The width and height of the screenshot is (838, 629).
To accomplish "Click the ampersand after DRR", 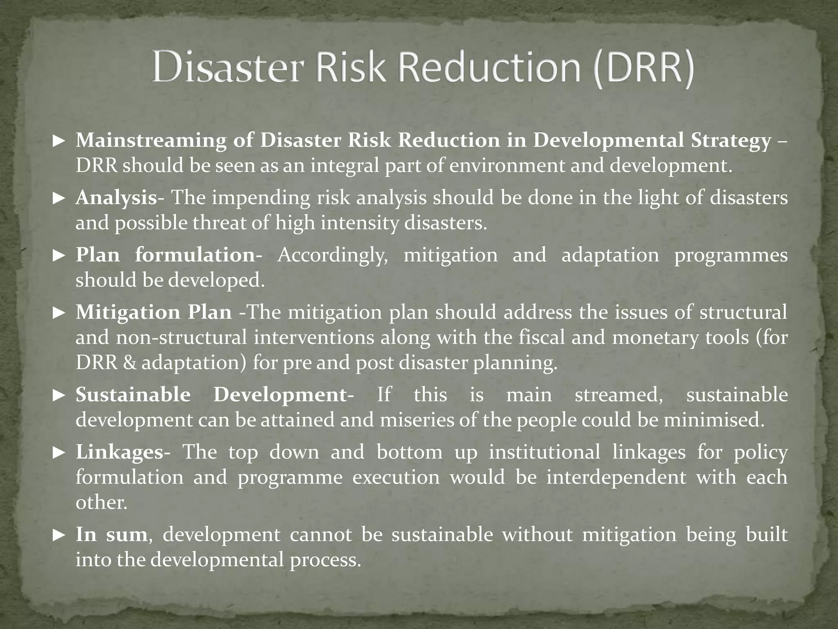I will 129,363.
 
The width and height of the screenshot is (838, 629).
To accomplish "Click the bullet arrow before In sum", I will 59,535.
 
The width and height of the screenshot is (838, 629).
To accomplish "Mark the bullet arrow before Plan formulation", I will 59,256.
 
